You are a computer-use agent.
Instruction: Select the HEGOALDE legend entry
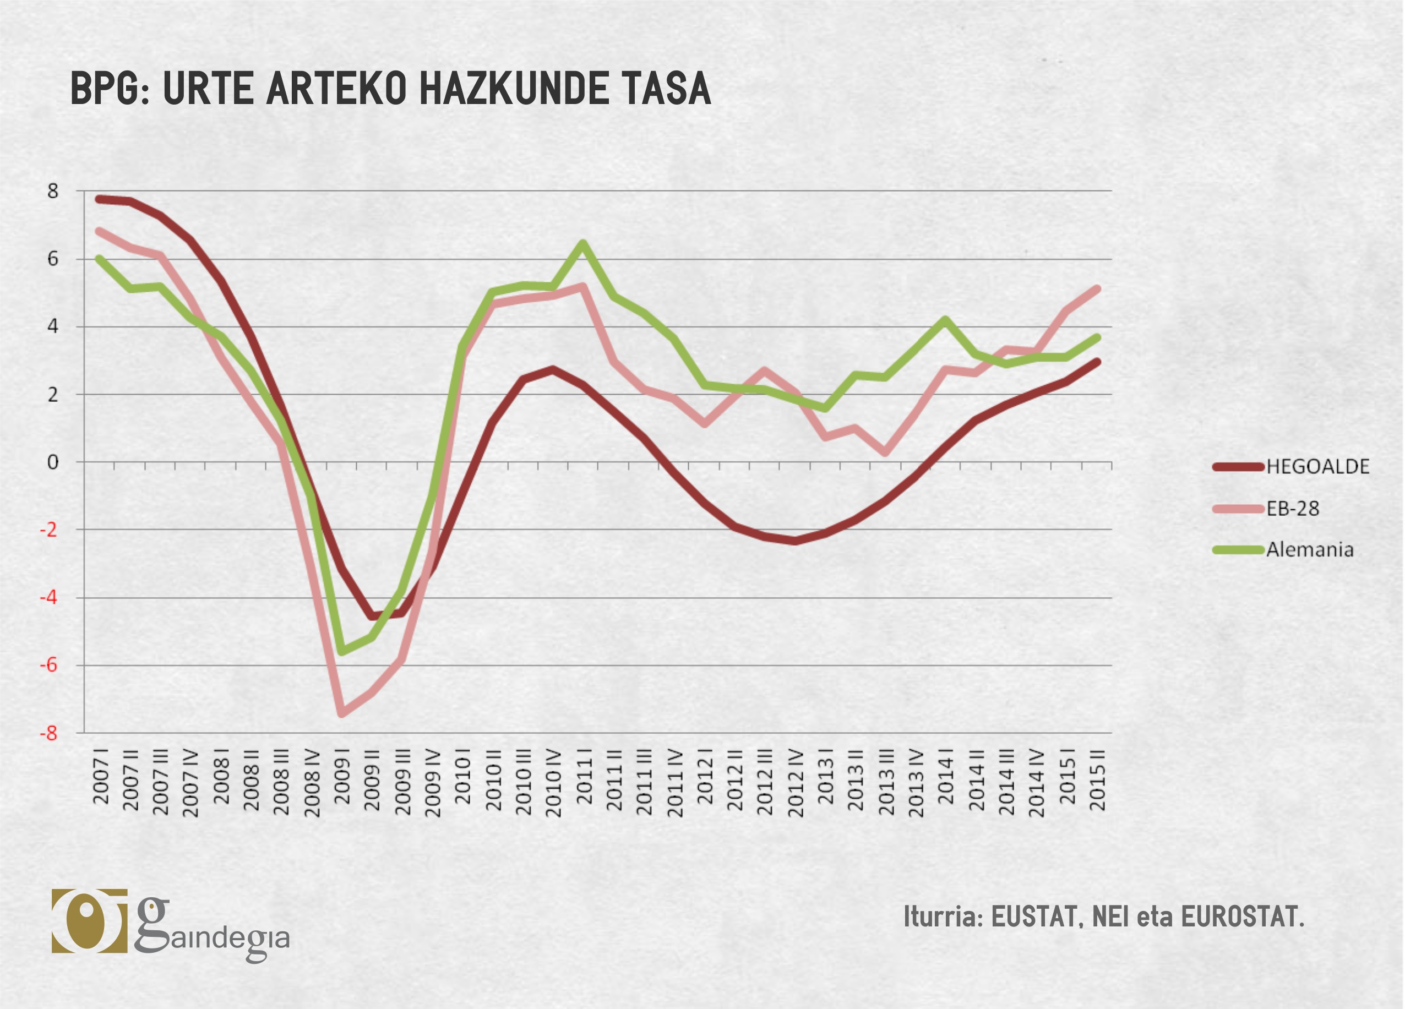point(1317,466)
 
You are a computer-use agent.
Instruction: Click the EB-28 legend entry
point(1292,509)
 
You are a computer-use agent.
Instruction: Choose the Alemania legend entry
point(1309,549)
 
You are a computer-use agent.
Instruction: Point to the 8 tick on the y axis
point(53,192)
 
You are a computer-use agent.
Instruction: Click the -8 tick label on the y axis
point(49,733)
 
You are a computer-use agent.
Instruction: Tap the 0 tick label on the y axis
point(53,462)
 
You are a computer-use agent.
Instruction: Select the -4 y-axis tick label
point(49,598)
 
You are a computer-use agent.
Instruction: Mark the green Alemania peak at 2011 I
point(583,243)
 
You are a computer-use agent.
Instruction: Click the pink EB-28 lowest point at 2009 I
point(341,714)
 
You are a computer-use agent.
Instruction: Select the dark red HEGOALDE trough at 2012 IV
point(795,541)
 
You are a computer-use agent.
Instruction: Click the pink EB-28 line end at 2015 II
point(1097,288)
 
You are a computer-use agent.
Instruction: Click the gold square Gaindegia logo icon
point(89,920)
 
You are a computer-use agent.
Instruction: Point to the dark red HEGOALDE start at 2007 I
point(99,199)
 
